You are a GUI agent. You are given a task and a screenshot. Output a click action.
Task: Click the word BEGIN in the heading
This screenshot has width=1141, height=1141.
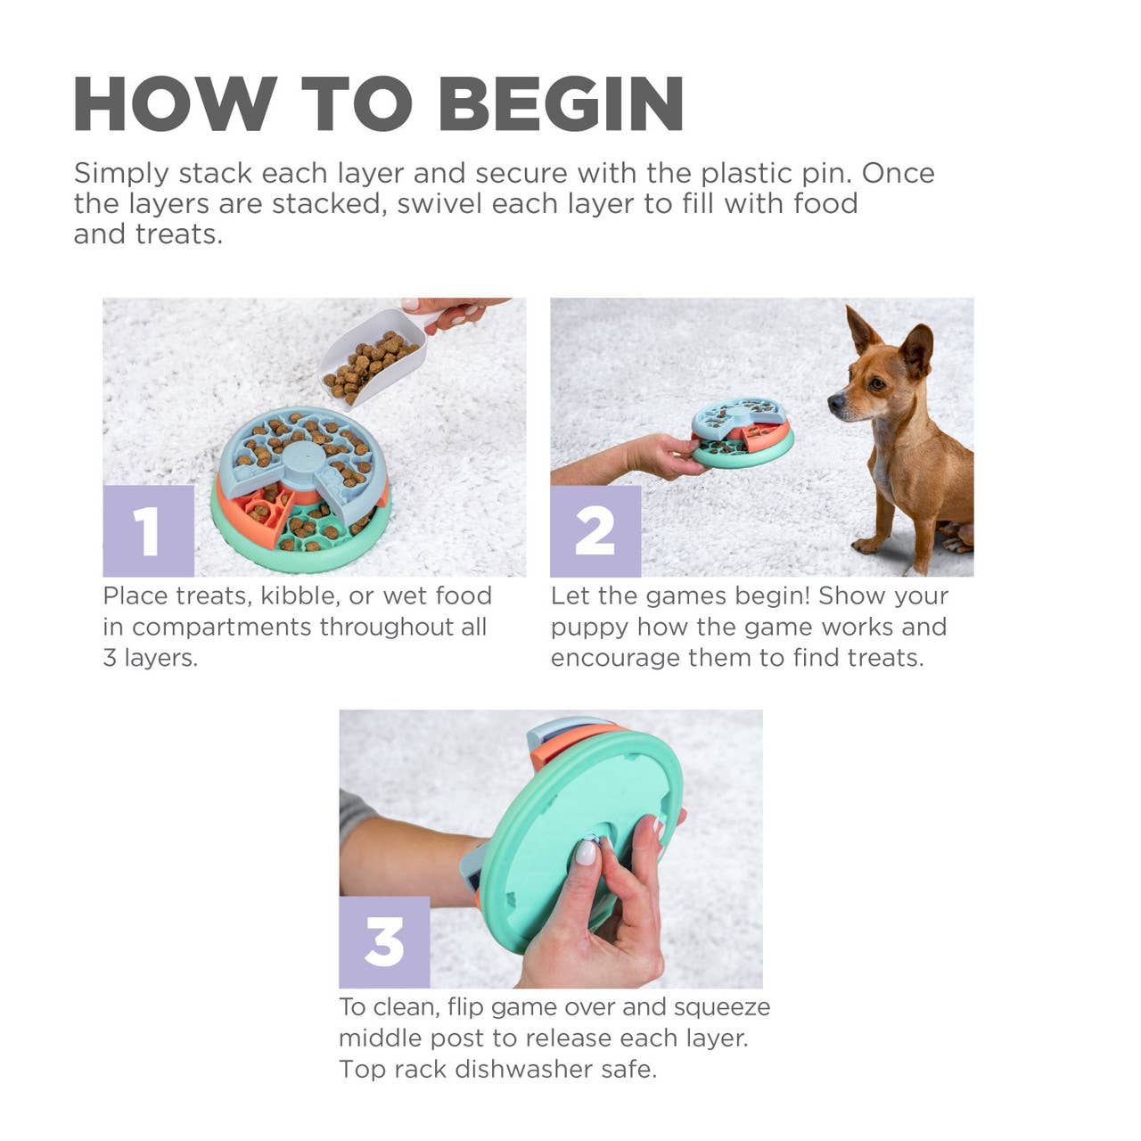coord(562,104)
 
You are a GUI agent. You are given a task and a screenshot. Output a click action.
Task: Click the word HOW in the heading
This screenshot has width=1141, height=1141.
coord(175,104)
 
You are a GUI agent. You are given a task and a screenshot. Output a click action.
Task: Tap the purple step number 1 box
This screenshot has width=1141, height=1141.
coord(148,530)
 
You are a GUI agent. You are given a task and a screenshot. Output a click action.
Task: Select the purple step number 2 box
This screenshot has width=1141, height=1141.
coord(595,530)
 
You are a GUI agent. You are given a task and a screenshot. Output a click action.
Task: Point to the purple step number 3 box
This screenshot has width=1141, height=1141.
coord(384,942)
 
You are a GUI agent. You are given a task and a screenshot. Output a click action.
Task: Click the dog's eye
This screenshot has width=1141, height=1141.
coord(876,382)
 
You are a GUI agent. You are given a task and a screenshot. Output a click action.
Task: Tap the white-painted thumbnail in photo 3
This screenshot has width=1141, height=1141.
coord(586,852)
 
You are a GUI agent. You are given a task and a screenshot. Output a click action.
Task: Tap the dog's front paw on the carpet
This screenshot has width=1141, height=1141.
coord(869,545)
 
